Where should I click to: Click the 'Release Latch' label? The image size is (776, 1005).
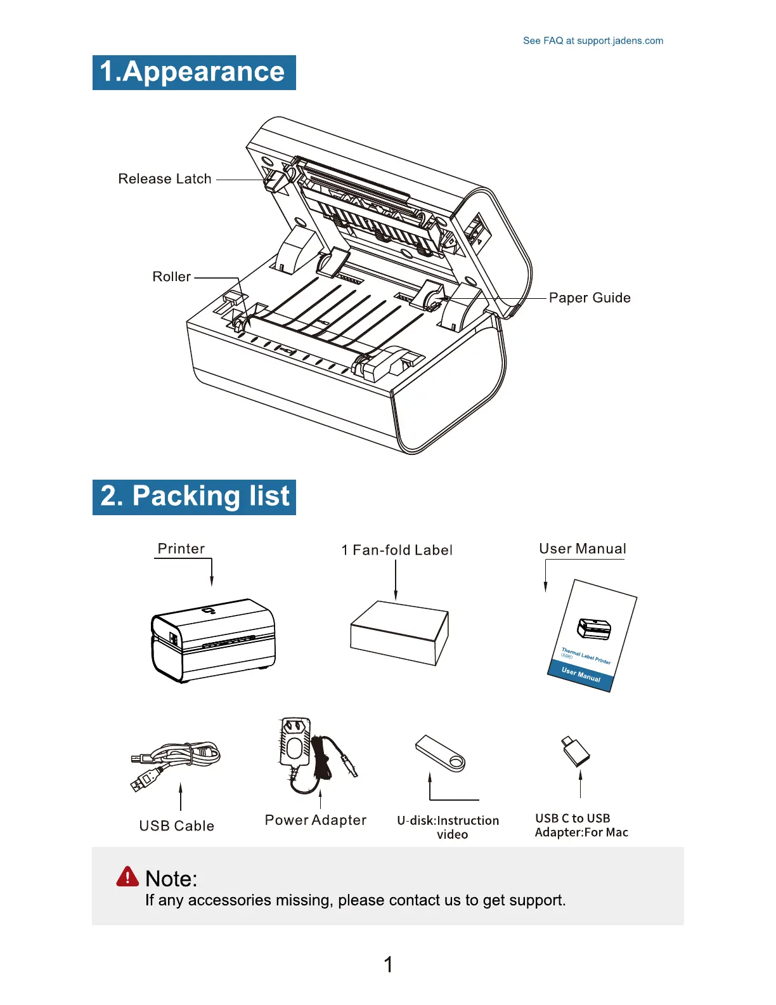(165, 179)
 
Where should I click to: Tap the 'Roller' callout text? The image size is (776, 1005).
(171, 277)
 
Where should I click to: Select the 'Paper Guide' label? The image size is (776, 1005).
(590, 298)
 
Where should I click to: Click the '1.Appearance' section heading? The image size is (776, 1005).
(193, 72)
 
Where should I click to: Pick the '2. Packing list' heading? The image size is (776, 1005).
(194, 497)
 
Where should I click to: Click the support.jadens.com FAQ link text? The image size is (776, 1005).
(593, 41)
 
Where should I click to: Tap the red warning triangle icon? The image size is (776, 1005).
(127, 877)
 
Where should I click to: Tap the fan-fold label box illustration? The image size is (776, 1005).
(399, 633)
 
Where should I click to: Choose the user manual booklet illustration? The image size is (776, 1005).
(592, 636)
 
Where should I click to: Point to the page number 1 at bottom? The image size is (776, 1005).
(388, 965)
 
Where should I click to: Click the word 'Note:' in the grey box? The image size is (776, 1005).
(171, 879)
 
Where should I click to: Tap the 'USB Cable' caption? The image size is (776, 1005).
(176, 826)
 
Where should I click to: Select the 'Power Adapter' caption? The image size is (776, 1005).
(315, 820)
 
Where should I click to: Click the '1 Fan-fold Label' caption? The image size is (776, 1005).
(396, 550)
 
